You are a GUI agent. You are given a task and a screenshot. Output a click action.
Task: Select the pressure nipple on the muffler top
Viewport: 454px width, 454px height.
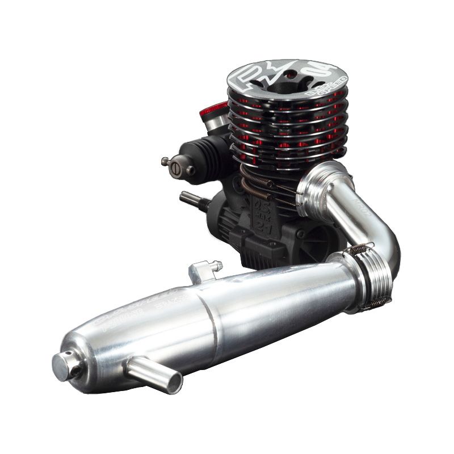tap(207, 267)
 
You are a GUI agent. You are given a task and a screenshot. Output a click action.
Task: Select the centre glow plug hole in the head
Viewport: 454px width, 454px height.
tap(278, 82)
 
